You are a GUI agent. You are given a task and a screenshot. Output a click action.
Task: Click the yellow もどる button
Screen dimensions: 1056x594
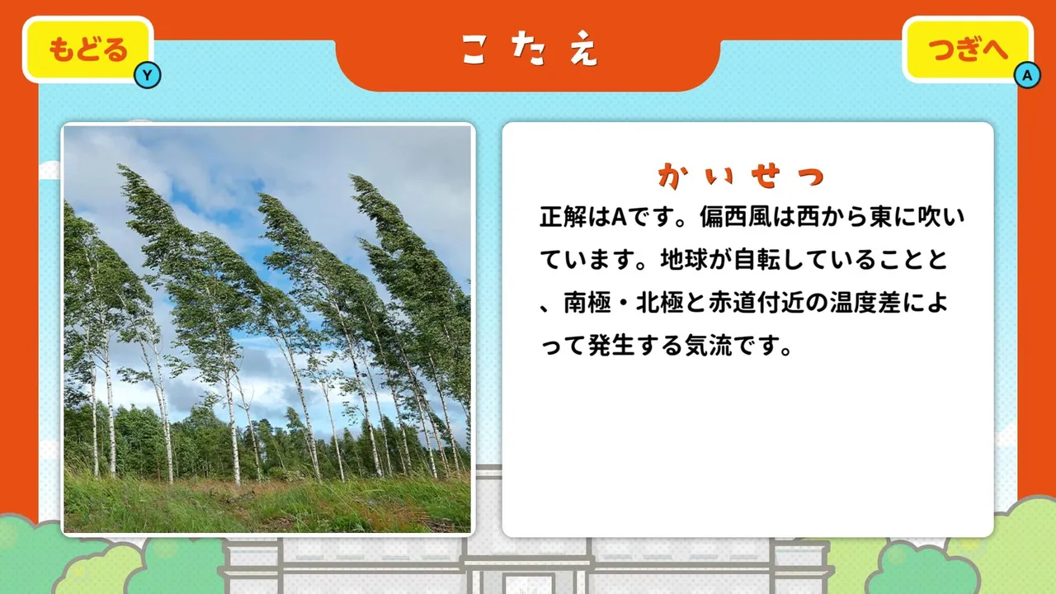pos(88,49)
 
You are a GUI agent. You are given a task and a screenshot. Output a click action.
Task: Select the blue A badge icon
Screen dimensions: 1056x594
pos(1027,75)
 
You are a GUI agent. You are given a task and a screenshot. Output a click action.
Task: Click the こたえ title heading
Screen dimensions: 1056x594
pos(529,48)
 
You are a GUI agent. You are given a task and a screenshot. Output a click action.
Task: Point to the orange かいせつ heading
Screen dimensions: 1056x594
pos(741,176)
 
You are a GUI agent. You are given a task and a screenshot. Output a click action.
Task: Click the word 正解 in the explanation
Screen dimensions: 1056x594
pos(563,217)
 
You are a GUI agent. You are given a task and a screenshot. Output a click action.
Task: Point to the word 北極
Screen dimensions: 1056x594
pos(659,303)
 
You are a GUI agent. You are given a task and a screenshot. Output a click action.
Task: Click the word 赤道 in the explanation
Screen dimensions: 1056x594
pos(732,303)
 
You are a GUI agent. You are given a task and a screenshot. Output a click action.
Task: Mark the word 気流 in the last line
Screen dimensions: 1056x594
pos(708,346)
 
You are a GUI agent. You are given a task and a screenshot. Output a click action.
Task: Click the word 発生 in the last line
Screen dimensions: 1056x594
pos(611,346)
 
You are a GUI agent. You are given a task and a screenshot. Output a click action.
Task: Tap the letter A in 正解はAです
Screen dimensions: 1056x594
pos(619,218)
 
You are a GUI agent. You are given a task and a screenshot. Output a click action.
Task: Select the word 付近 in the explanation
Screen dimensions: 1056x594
pos(780,303)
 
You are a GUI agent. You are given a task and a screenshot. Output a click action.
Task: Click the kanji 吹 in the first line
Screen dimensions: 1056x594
pos(929,217)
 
